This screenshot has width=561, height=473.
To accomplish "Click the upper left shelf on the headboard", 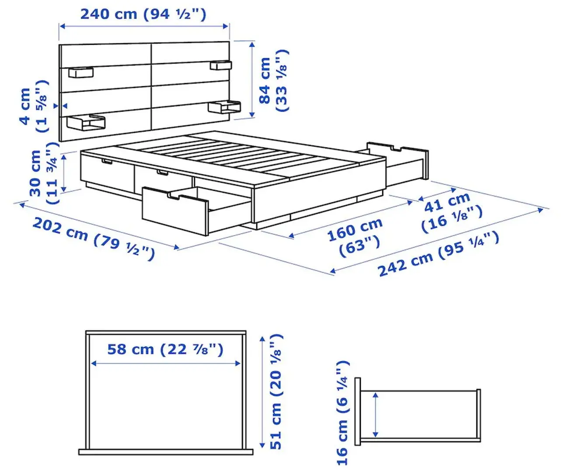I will tap(81, 72).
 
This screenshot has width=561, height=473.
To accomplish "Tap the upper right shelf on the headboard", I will tap(220, 66).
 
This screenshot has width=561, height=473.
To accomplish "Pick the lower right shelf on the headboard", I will tap(224, 107).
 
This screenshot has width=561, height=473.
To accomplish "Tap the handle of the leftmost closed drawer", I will tap(106, 163).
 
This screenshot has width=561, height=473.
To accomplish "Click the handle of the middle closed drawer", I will tap(162, 174).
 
